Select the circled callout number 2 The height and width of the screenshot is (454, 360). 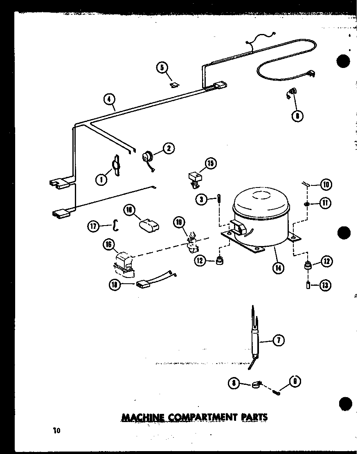(x=168, y=148)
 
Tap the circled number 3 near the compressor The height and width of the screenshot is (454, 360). (x=200, y=199)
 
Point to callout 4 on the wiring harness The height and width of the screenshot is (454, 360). (x=109, y=99)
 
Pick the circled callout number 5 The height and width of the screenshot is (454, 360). (x=162, y=67)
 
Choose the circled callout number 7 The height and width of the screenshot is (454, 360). (x=278, y=340)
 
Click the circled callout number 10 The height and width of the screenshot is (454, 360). (x=326, y=185)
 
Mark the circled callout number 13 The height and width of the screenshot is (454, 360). (x=326, y=285)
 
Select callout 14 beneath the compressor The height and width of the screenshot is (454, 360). (x=278, y=269)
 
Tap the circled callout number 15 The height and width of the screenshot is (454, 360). (x=210, y=164)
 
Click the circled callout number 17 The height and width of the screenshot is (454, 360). (x=94, y=226)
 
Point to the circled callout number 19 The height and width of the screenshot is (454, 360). (x=179, y=223)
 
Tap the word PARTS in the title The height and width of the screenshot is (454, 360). (x=254, y=417)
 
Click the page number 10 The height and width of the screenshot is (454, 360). (x=56, y=430)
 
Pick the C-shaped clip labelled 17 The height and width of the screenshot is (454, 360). (x=116, y=225)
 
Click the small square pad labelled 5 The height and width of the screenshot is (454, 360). (x=175, y=85)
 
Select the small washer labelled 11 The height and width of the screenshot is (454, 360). (x=306, y=203)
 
